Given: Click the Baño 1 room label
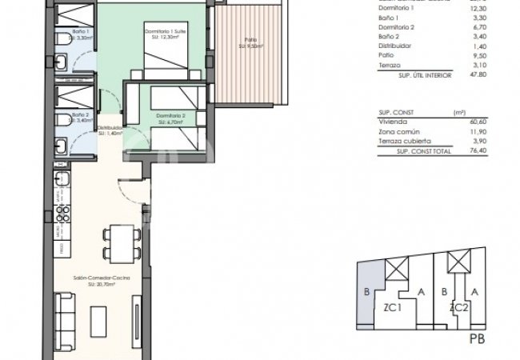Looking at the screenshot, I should (80, 31).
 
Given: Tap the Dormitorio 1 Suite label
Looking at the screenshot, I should (166, 33).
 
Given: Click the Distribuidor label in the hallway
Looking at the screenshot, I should (110, 130).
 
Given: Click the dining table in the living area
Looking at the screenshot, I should (121, 240).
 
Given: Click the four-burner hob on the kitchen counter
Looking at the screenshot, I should (62, 211).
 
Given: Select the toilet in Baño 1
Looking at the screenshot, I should (61, 39).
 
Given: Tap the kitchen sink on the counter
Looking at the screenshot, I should (62, 178).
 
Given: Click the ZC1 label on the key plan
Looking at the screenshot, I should (392, 306).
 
